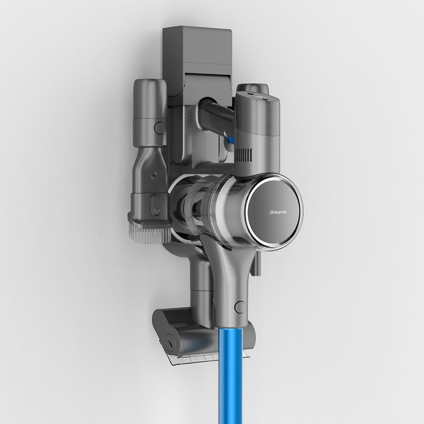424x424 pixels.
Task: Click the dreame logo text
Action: coord(277,212)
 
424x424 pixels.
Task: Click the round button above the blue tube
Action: coord(240,307)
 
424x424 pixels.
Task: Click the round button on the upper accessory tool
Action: coord(159,127)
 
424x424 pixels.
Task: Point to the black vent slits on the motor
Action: coord(244,156)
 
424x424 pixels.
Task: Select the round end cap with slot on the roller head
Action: coord(170,343)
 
